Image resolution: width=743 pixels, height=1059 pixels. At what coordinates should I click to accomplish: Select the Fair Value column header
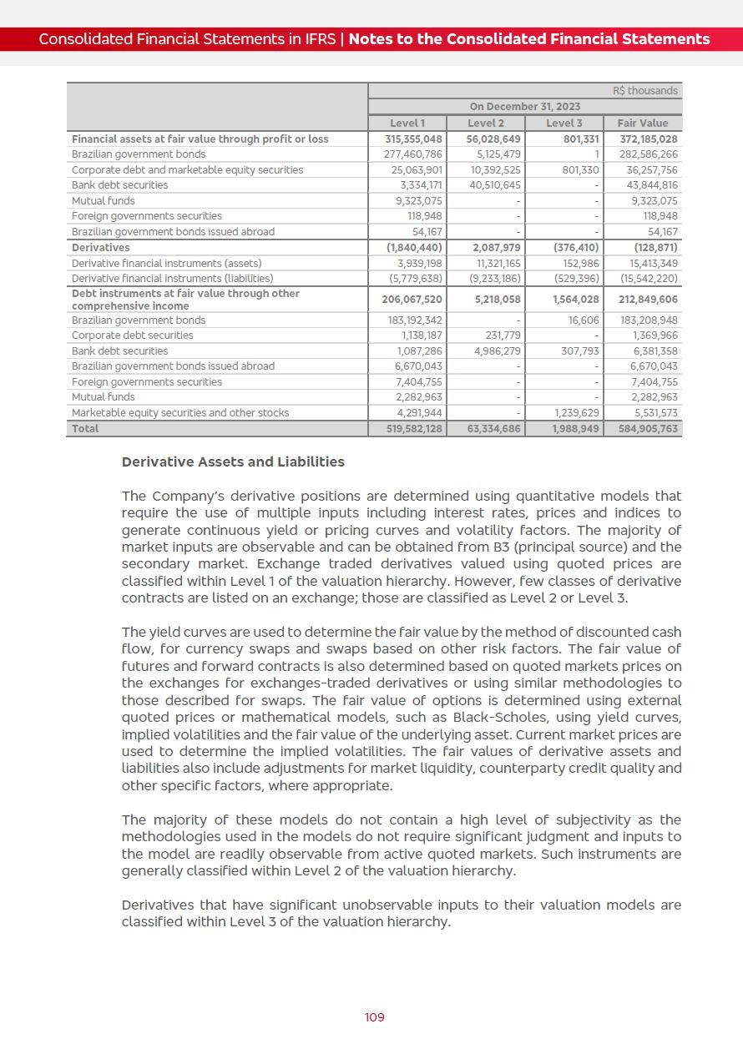click(x=642, y=123)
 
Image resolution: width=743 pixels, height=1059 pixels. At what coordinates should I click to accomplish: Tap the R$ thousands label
click(x=645, y=90)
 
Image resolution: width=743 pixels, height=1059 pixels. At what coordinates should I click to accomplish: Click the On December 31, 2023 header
click(x=524, y=106)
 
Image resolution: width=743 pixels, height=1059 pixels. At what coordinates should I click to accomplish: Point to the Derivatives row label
click(x=101, y=247)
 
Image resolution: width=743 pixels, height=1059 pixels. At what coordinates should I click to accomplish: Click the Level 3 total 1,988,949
click(x=574, y=428)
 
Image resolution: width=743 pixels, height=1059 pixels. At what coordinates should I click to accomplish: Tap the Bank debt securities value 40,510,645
click(x=495, y=184)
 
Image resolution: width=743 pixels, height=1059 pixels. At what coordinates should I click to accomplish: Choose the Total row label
click(x=85, y=428)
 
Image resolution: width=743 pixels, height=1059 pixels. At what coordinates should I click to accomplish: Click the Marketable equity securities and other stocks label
click(x=180, y=412)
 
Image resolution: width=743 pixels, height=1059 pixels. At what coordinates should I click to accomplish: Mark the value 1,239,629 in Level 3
click(x=576, y=412)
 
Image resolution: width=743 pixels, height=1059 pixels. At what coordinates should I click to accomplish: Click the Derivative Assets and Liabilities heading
click(x=233, y=461)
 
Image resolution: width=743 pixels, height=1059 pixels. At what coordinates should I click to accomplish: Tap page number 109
click(x=375, y=1017)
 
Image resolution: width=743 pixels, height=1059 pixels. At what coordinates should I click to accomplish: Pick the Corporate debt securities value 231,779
click(x=503, y=335)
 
